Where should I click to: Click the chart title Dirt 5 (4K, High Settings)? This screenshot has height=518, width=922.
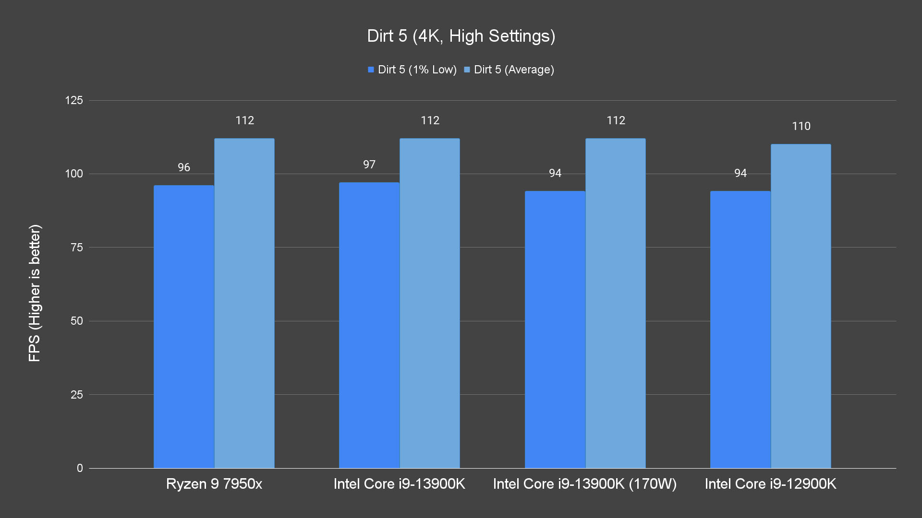coord(461,36)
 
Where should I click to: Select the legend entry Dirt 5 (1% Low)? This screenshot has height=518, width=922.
coord(412,70)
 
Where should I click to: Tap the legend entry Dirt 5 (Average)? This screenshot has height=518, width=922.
coord(509,70)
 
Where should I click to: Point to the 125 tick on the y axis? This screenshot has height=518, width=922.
coord(74,100)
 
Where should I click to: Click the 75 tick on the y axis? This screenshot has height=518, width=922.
coord(77,247)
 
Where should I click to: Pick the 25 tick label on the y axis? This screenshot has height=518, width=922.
coord(77,395)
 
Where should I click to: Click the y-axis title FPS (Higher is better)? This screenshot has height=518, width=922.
coord(35,293)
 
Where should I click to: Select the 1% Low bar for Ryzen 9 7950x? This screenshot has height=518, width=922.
coord(184,326)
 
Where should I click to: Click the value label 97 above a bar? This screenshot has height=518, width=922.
coord(369,165)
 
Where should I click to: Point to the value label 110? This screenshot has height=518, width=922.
coord(801,126)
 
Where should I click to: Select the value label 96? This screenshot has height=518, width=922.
coord(184,167)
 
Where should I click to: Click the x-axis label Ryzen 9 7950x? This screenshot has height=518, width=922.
coord(214,484)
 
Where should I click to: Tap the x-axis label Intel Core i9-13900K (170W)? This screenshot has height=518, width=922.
coord(585,484)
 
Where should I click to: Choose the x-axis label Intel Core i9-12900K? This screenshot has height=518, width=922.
coord(770,484)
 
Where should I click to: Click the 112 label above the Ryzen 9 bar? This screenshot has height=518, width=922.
coord(244,120)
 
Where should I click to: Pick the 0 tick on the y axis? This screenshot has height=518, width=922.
coord(80,468)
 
